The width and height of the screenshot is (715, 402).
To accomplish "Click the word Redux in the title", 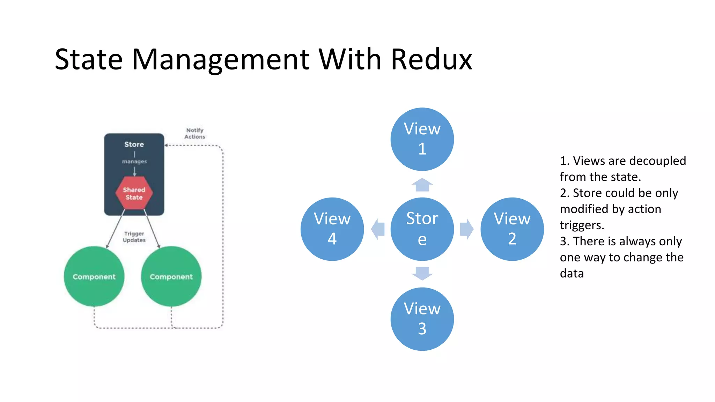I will coord(431,59).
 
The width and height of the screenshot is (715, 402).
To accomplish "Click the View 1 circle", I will coord(422,139).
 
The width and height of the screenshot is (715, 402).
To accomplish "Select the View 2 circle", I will coord(512,229).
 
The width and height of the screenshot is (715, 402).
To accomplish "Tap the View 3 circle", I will coord(422,319).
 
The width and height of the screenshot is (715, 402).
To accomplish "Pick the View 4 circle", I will coord(332,229).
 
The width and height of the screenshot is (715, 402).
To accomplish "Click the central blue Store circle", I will coord(422,229).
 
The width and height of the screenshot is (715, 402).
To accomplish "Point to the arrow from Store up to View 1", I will coord(422,185).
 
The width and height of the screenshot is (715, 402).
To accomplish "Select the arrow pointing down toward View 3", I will coord(422,273).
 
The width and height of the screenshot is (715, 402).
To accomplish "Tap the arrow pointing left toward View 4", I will coord(378,229).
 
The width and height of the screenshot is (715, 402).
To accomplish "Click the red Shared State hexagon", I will coord(134,193).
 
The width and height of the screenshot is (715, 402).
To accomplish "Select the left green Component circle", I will coord(94,276).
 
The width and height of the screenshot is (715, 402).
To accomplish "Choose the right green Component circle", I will coord(171,276).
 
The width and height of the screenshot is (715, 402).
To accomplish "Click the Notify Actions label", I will coord(195,133).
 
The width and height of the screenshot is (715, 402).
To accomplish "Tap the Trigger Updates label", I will coord(134,237).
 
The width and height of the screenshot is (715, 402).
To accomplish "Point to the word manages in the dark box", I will coord(134,162).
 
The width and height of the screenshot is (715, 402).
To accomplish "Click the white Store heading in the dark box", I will coord(134,144).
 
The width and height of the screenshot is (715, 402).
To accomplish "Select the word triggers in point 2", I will coord(582,225).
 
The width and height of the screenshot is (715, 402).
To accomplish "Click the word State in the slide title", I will coord(89,59).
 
